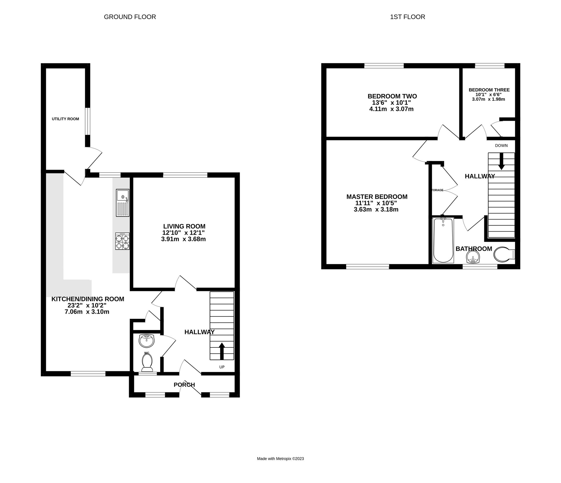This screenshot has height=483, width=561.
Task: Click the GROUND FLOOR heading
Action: tap(130, 17)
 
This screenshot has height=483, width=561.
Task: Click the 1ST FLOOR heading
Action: tap(407, 17)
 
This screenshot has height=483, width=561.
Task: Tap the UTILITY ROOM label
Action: tap(65, 119)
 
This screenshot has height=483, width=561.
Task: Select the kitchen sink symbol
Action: tap(123, 203)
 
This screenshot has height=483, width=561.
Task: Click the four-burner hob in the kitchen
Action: tap(122, 241)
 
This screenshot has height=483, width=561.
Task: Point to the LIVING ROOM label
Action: tap(184, 226)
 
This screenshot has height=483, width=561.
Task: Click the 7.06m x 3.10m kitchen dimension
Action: tap(87, 312)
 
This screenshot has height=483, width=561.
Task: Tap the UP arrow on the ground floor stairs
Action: tap(222, 351)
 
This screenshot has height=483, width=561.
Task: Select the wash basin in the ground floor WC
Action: tap(146, 341)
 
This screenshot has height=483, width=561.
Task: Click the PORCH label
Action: tap(184, 385)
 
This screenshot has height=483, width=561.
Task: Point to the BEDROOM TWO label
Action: tap(392, 96)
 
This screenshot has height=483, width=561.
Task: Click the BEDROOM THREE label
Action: tap(489, 90)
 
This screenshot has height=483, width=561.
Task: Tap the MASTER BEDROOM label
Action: tap(377, 197)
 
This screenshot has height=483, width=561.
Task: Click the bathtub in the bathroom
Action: tap(443, 240)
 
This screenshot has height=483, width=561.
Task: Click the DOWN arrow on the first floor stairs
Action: tap(501, 162)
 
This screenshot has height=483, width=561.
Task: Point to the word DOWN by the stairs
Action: tap(501, 146)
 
